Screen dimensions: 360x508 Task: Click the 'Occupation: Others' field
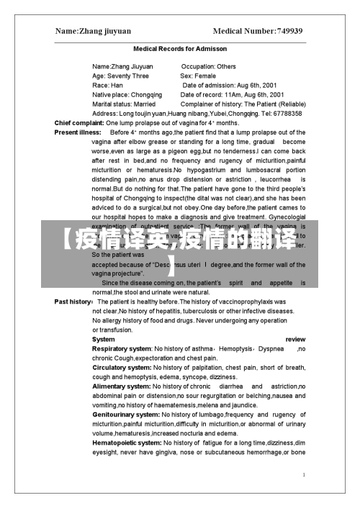(x=208, y=66)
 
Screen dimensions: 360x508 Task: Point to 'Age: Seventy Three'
(x=121, y=76)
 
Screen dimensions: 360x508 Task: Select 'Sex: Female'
(x=198, y=76)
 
